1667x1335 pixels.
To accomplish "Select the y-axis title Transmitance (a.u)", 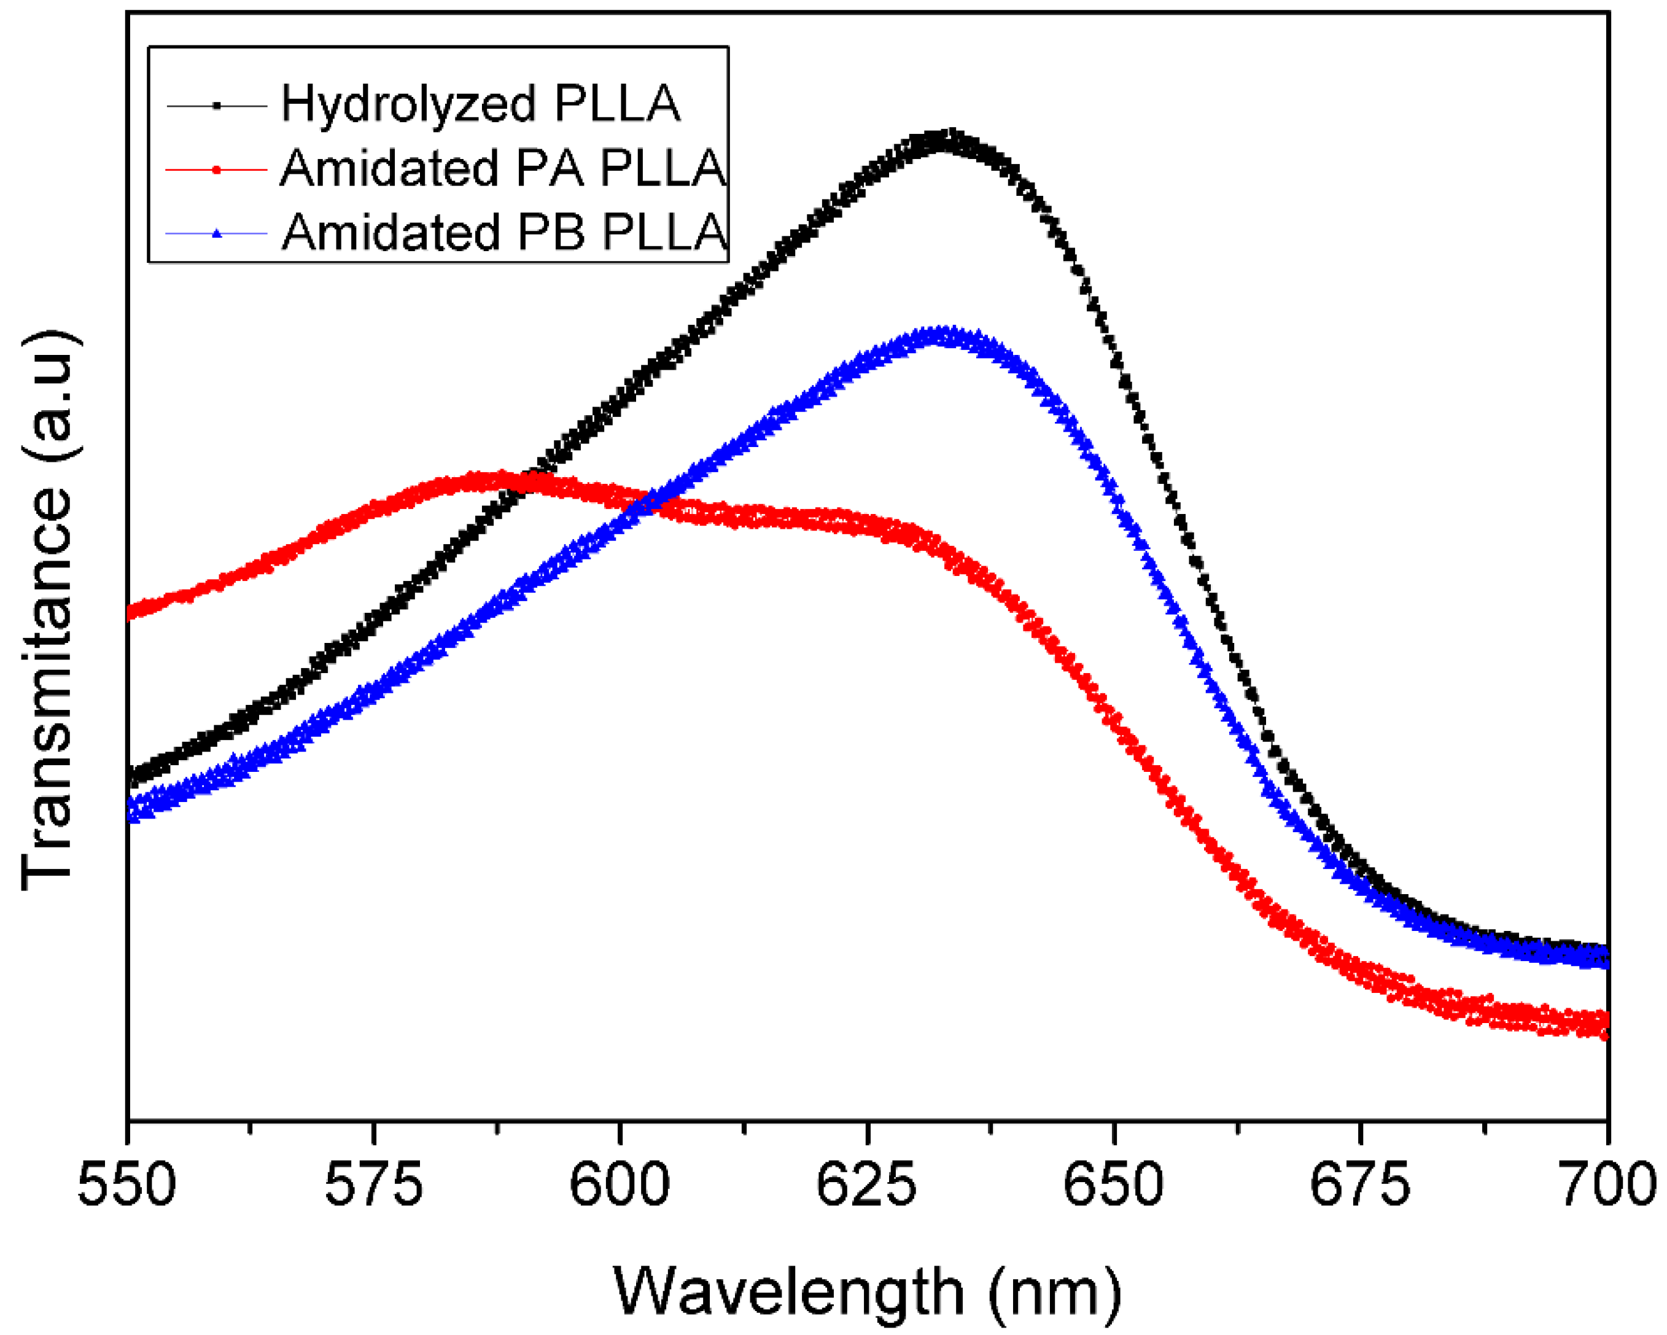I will [x=48, y=611].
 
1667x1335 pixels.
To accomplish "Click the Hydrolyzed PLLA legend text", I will [x=480, y=104].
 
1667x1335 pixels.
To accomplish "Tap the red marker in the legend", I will [x=217, y=169].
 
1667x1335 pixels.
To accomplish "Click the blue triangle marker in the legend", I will [x=217, y=233].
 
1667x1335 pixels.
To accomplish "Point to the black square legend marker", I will [x=217, y=105].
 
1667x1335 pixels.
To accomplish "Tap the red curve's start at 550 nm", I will [x=130, y=613].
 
